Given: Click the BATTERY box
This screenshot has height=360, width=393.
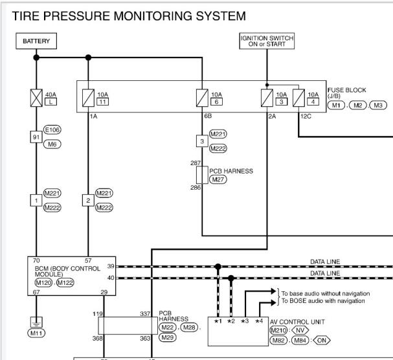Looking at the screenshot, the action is (36, 41).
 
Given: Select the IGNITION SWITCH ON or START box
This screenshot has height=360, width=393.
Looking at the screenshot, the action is (267, 41).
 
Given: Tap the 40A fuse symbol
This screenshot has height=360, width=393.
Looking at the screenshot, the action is (36, 98).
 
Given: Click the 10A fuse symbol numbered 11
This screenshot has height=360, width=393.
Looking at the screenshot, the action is (88, 98).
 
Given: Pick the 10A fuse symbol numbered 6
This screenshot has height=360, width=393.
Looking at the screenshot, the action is (202, 98).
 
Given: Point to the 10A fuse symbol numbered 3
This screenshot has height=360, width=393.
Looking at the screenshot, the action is (267, 98).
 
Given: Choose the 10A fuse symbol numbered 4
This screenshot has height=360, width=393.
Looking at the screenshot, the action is (298, 98).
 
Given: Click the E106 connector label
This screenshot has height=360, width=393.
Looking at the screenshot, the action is (52, 129).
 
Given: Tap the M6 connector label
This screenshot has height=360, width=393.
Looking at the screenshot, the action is (52, 144).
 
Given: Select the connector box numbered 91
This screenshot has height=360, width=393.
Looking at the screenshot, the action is (36, 137).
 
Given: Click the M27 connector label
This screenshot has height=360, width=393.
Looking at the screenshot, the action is (218, 179).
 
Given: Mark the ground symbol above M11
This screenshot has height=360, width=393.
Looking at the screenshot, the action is (36, 322).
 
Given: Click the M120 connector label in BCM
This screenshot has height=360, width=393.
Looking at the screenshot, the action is (43, 283).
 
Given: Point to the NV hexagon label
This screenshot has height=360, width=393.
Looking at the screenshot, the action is (300, 330).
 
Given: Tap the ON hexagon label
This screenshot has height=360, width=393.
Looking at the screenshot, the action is (322, 340).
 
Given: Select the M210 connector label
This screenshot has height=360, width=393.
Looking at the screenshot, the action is (278, 330).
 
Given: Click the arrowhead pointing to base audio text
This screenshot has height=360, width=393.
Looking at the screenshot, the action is (273, 291).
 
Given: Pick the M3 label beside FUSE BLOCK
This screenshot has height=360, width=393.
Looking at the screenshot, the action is (378, 106).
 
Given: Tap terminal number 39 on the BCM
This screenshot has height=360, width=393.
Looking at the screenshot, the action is (111, 266).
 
